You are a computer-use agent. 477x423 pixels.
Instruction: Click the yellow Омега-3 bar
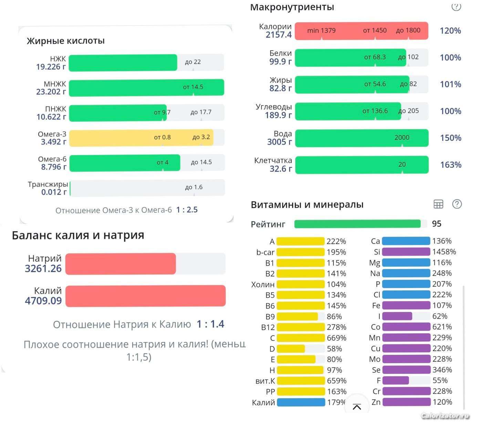[141, 138]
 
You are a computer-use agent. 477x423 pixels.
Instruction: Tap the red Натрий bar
[121, 264]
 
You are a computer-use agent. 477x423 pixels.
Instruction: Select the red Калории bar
[361, 31]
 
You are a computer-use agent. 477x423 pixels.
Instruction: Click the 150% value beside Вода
[450, 138]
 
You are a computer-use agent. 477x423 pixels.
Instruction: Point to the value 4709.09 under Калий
[43, 301]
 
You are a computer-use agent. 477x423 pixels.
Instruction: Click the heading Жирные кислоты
[66, 41]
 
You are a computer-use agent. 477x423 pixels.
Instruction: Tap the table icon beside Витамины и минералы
[438, 204]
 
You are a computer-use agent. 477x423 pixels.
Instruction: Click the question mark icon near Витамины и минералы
[457, 204]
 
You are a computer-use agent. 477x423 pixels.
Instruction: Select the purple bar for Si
[406, 252]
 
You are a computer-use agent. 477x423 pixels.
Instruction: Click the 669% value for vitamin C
[336, 338]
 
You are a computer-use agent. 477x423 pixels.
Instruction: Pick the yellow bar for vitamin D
[291, 349]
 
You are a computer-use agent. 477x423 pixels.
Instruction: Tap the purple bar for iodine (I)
[397, 316]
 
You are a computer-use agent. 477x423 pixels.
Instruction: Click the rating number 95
[436, 224]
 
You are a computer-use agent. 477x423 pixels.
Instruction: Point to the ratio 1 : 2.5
[187, 210]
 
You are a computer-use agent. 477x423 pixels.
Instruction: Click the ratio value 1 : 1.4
[210, 324]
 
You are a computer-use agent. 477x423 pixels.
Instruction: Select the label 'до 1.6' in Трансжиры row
[194, 187]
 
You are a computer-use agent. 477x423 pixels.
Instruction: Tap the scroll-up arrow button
[357, 407]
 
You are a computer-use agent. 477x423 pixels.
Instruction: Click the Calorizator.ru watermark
[445, 416]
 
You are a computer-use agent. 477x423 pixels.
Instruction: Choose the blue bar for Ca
[406, 241]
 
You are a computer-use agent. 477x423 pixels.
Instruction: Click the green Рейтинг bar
[357, 224]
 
